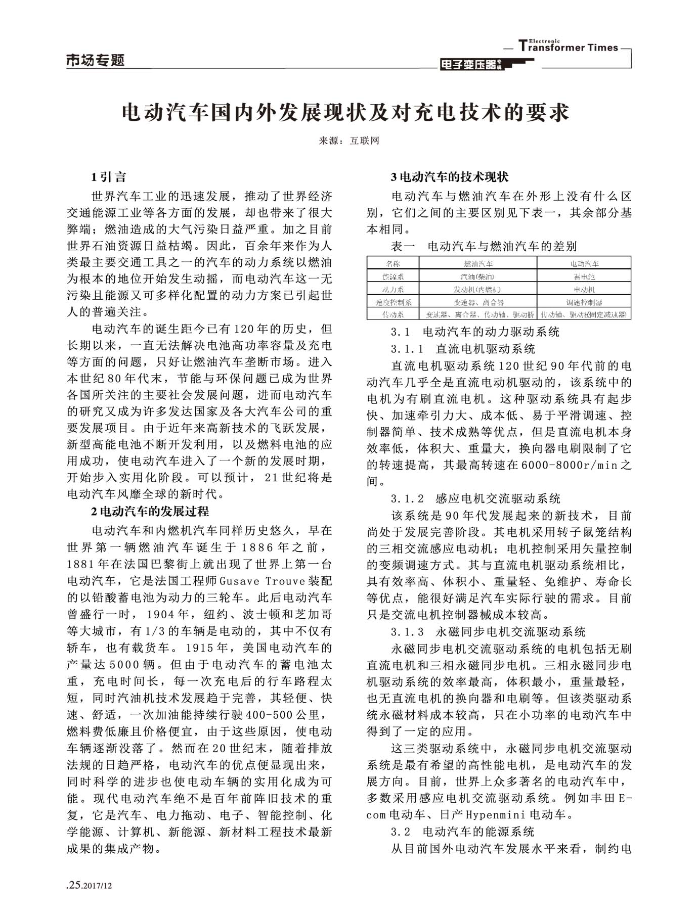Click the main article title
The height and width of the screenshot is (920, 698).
[x=346, y=112]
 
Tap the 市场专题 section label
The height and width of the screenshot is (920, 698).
[x=95, y=61]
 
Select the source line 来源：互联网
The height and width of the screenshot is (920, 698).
[x=348, y=141]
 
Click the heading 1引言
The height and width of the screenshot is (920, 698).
[x=108, y=177]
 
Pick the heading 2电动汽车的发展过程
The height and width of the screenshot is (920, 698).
[x=150, y=512]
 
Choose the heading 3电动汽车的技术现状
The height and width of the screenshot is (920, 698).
[x=450, y=177]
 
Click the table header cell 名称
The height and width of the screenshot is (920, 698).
[x=392, y=263]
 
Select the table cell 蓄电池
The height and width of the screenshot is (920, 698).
[x=584, y=277]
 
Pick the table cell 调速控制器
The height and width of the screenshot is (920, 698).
[x=584, y=302]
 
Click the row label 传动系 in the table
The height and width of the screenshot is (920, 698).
[x=392, y=315]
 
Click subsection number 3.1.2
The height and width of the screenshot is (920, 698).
[x=407, y=499]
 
